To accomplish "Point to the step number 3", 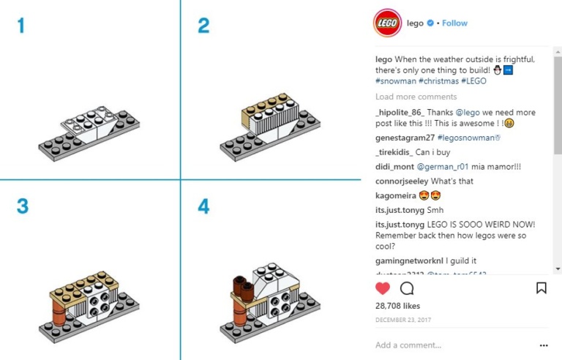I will pyautogui.click(x=22, y=206).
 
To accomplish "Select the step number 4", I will pyautogui.click(x=203, y=206).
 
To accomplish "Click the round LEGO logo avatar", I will pyautogui.click(x=386, y=23).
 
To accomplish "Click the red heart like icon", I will pyautogui.click(x=383, y=288).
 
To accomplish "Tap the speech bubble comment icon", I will pyautogui.click(x=407, y=288).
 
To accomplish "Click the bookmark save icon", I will pyautogui.click(x=541, y=288).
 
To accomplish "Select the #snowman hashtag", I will pyautogui.click(x=396, y=82).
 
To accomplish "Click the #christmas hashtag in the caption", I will pyautogui.click(x=438, y=82).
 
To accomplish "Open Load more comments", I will pyautogui.click(x=416, y=97).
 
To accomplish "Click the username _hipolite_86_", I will pyautogui.click(x=400, y=113).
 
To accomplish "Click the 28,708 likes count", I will pyautogui.click(x=397, y=306).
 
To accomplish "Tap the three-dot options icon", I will pyautogui.click(x=543, y=345).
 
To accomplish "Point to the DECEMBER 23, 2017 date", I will pyautogui.click(x=402, y=320).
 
